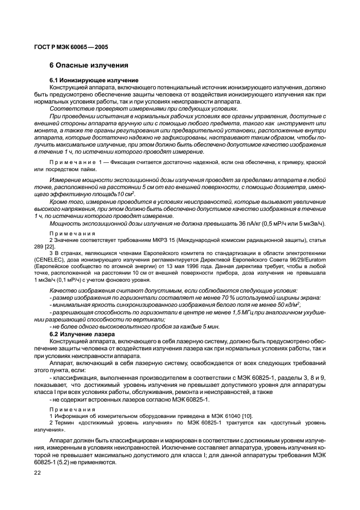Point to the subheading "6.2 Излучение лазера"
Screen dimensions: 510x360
coord(82,333)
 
